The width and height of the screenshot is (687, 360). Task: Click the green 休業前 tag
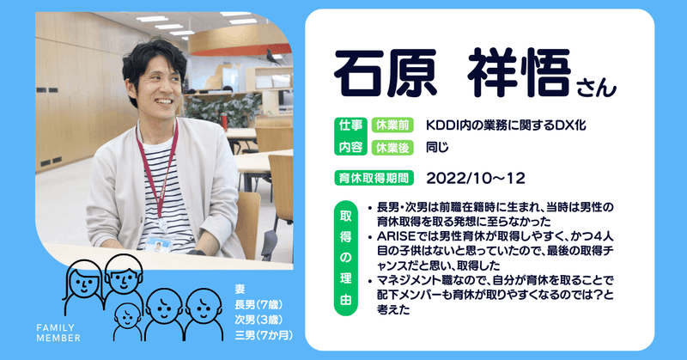point(392,125)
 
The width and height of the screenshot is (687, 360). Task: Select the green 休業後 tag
point(392,148)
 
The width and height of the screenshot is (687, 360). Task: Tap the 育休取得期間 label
point(374,178)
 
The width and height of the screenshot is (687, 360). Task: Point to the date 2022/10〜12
point(476,178)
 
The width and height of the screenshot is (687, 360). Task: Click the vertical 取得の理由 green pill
point(346,259)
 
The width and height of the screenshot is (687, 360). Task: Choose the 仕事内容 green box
point(351,137)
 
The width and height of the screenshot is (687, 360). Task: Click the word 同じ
point(437,147)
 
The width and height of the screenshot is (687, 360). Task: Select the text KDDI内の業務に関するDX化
point(506,125)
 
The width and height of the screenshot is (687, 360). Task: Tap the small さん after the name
point(596,88)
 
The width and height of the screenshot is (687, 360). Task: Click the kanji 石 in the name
point(360,72)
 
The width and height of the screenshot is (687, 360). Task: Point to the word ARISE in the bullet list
point(396,236)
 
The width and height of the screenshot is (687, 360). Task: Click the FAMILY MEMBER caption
point(58,333)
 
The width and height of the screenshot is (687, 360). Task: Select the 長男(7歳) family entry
point(258,304)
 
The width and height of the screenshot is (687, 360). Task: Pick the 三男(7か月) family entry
point(264,335)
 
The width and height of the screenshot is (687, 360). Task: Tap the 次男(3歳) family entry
point(258,320)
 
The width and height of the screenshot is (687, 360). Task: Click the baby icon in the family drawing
point(127,321)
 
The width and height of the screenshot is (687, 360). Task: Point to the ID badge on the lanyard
point(158,244)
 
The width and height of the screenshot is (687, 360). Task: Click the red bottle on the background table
point(224,121)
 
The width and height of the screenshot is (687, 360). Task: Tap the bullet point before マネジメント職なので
point(370,281)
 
